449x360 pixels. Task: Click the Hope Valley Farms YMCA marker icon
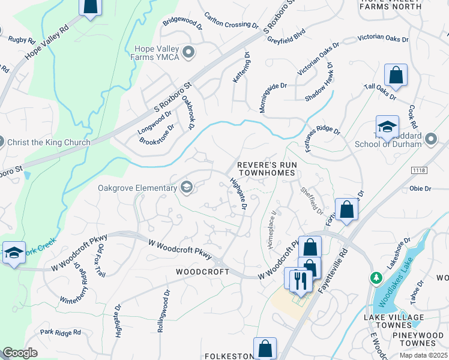pos(188,53)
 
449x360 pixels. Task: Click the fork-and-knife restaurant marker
pos(299,280)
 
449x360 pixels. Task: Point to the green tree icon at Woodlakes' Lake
pos(376,278)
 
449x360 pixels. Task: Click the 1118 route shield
pos(420,171)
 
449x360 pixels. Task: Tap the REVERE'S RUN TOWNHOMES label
pos(267,169)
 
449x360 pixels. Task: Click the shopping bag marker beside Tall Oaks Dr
pos(396,76)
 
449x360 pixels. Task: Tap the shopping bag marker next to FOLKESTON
pos(264,349)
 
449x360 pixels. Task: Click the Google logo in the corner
pos(20,353)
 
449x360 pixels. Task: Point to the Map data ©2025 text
pos(423,355)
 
